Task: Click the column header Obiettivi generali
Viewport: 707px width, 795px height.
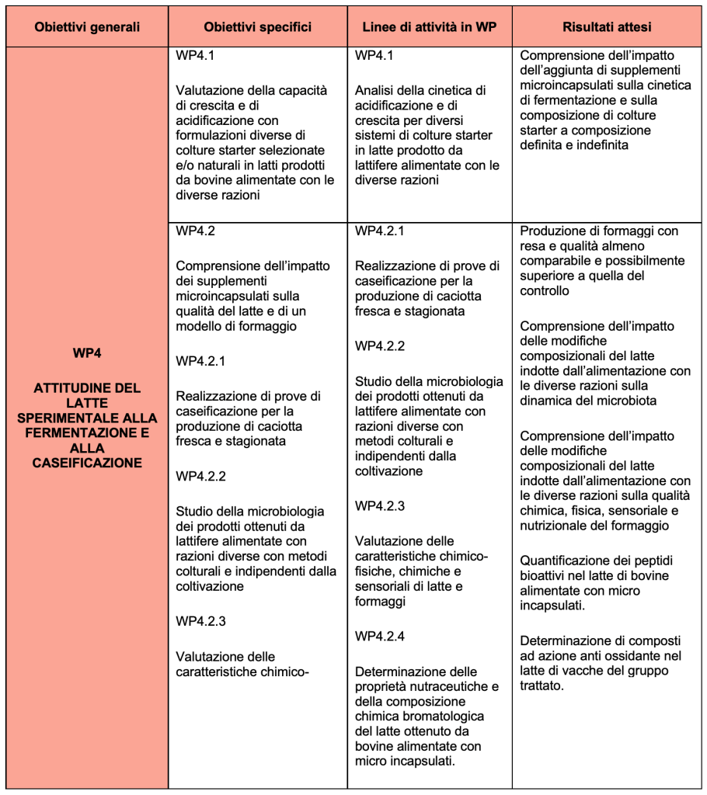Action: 87,27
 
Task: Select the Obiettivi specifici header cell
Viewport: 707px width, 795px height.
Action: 258,27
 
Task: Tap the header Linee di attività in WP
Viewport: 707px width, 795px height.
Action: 430,27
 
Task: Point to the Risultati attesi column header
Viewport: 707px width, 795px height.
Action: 607,27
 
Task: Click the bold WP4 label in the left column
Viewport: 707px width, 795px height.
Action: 87,353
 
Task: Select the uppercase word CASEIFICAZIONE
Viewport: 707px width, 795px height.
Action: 87,463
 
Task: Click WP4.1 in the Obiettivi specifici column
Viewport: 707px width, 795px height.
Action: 195,56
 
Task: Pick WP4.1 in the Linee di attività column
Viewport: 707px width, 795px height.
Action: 374,56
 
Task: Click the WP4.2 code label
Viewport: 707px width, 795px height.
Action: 195,231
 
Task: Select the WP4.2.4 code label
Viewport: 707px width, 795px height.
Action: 380,637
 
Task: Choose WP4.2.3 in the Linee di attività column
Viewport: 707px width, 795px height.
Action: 380,506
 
